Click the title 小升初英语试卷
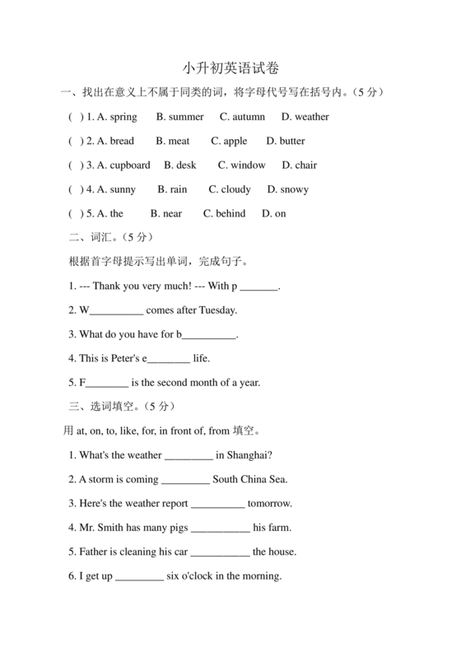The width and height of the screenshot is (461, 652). click(230, 68)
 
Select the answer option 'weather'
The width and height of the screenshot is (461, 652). click(311, 117)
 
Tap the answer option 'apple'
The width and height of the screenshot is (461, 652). click(235, 141)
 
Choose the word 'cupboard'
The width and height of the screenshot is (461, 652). click(130, 165)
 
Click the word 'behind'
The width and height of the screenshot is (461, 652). click(230, 213)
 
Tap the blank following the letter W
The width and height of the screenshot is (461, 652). click(115, 311)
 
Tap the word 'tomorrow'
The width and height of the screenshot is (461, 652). click(270, 503)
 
